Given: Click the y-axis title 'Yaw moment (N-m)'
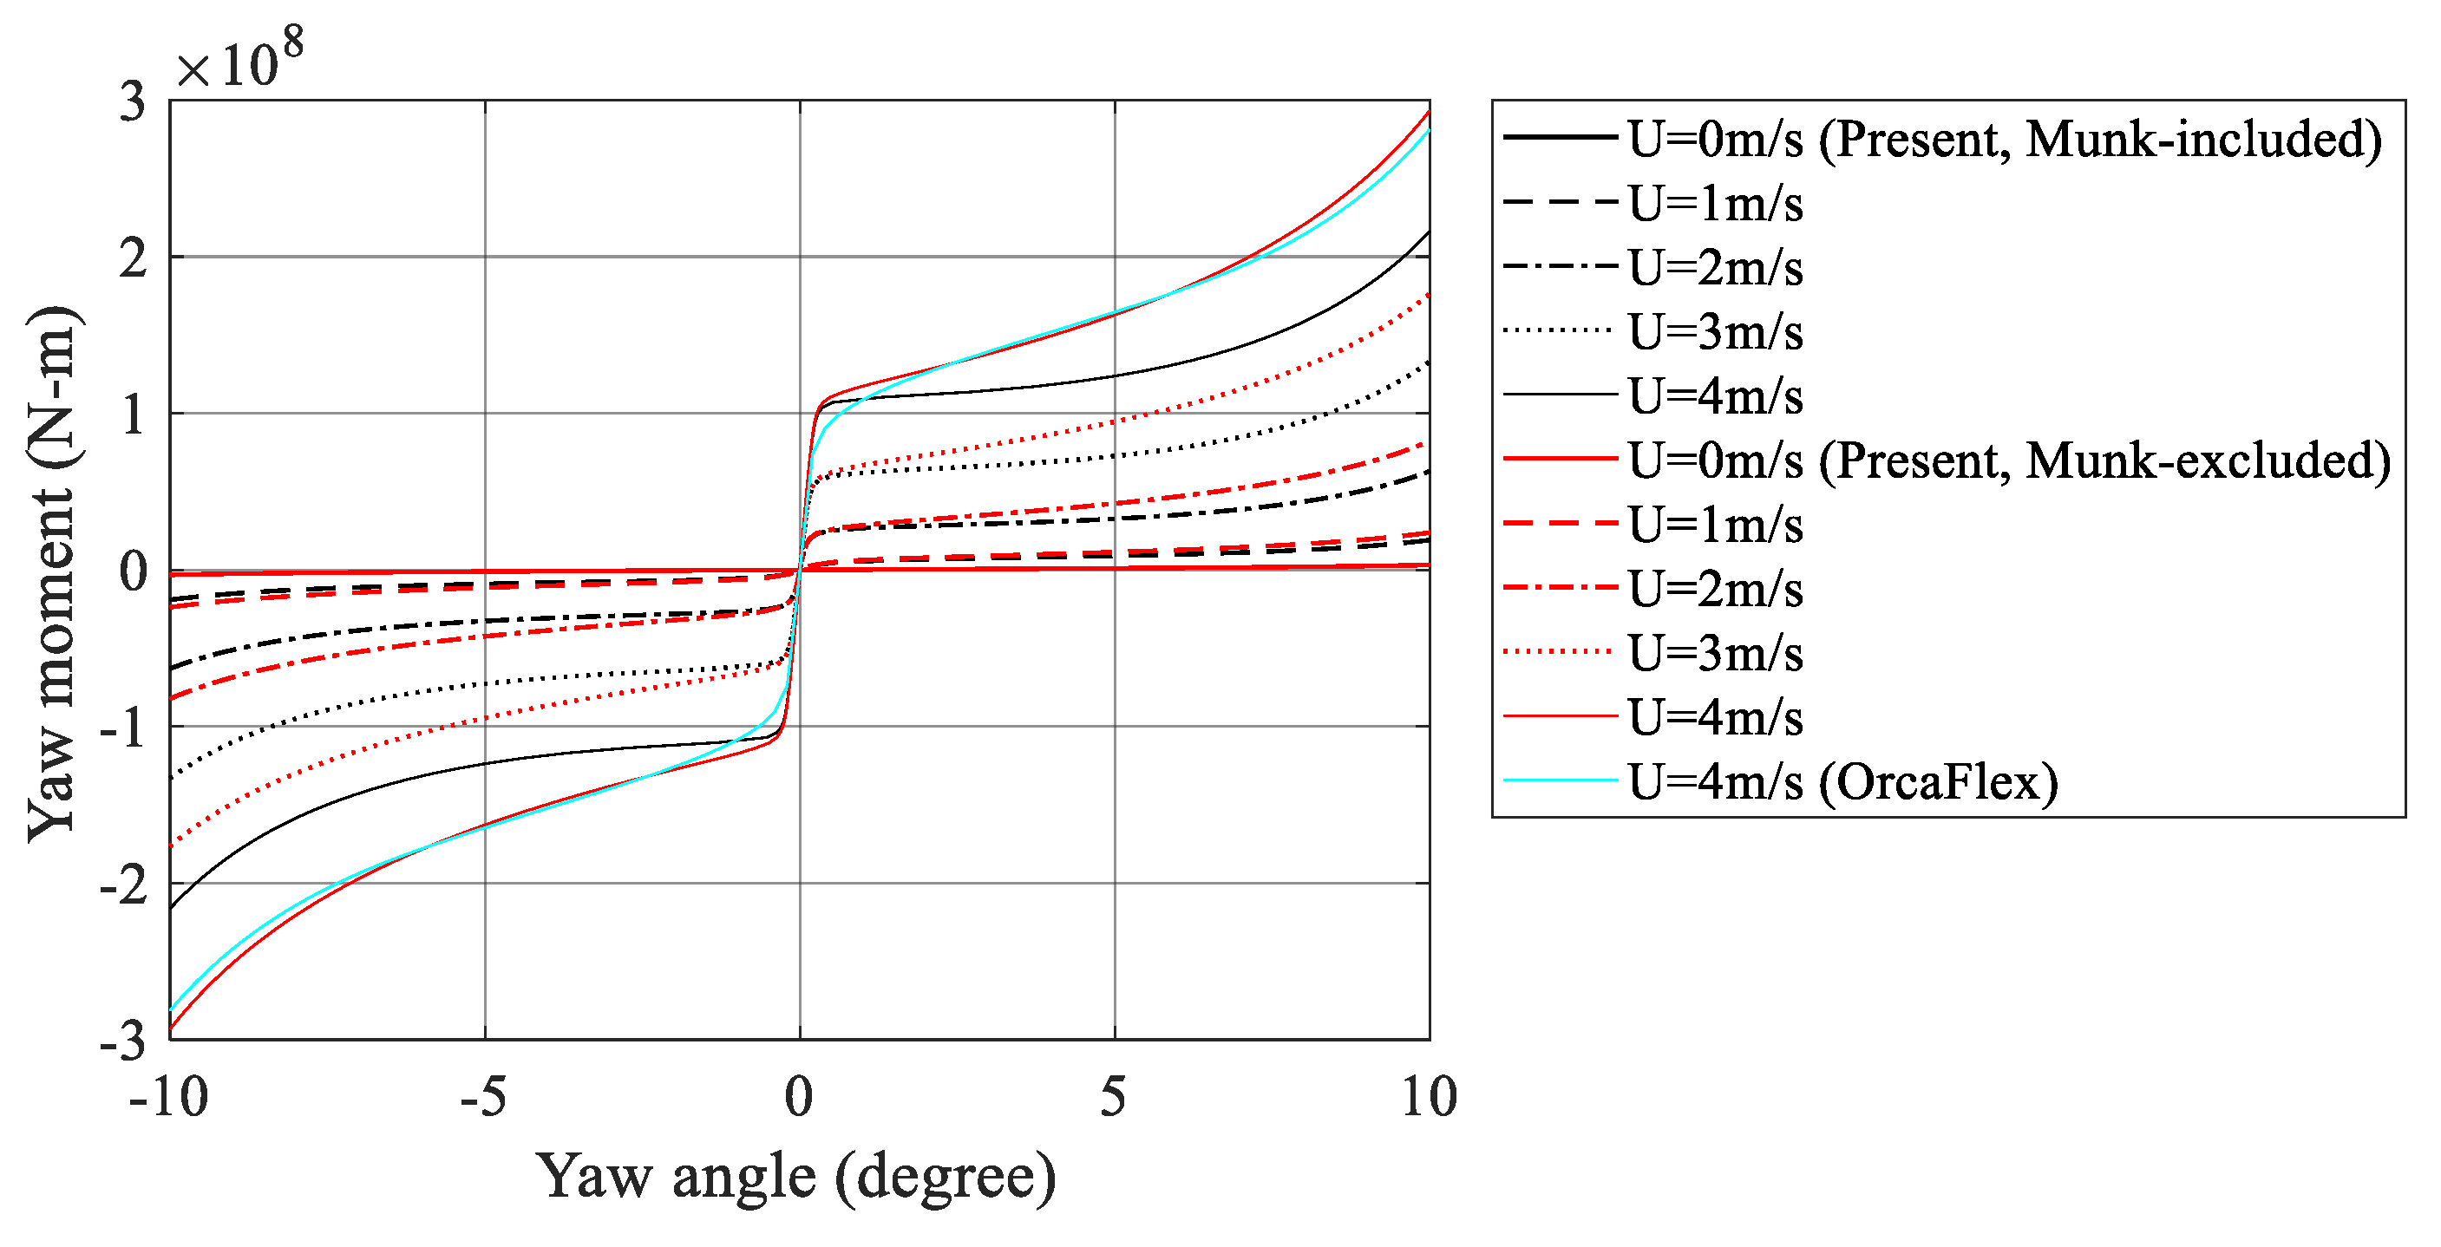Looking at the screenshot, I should [x=52, y=573].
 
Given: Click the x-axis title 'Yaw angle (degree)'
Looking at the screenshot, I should [x=795, y=1178].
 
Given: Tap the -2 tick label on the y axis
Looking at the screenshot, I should [x=124, y=886].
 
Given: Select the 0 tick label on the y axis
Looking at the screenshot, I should [x=134, y=572].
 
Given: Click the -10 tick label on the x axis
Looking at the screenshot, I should [x=168, y=1097].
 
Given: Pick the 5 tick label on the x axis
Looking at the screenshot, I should [x=1114, y=1097].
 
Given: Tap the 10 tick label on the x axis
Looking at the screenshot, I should [x=1428, y=1097].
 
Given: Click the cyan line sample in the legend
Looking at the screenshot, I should [x=1560, y=780].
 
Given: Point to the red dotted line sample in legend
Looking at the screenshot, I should [x=1560, y=652].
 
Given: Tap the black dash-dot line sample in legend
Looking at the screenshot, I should [x=1560, y=266].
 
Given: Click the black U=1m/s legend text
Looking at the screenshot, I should [x=1715, y=204].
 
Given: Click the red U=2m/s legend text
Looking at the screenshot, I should [x=1715, y=590].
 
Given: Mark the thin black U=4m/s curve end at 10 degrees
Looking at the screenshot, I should [x=1427, y=232].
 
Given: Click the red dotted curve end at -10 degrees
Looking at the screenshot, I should [x=173, y=844].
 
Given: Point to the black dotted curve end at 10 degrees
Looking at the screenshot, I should [x=1427, y=362].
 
